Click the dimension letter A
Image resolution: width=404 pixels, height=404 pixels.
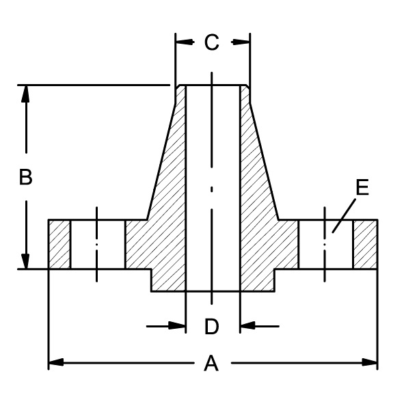point(211,364)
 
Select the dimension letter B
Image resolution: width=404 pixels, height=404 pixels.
point(25,177)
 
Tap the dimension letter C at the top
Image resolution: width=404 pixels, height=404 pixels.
point(211,42)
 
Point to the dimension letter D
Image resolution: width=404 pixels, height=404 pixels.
point(211,327)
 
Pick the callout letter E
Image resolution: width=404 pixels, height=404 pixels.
point(362,187)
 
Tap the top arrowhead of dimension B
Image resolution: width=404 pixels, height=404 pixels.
point(26,93)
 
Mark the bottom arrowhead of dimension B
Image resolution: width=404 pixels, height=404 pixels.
point(26,261)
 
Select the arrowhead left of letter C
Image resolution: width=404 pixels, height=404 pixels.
point(183,42)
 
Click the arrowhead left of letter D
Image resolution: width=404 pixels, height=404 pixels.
point(179,326)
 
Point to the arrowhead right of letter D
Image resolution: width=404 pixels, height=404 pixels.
point(246,326)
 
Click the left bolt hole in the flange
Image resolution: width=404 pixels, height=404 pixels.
point(97,244)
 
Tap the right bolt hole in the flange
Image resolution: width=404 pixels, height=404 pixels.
point(325,244)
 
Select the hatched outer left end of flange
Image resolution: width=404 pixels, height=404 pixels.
point(59,244)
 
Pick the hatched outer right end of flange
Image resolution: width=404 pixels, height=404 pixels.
point(364,244)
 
